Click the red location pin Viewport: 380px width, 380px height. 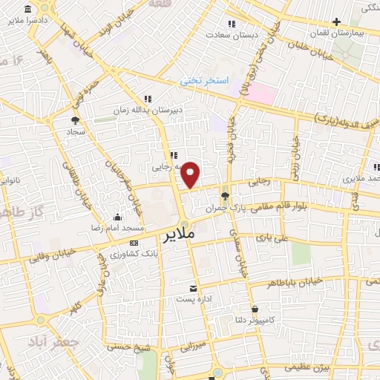(x=191, y=174)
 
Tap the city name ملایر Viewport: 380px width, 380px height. (x=179, y=236)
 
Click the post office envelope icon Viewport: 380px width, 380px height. (x=194, y=289)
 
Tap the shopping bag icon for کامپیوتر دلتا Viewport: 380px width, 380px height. (x=255, y=309)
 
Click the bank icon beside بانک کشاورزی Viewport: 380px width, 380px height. (x=133, y=243)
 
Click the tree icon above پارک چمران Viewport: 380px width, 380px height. (x=225, y=196)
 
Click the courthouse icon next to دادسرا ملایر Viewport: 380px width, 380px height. (x=27, y=10)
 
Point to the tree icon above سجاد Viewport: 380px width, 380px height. (x=75, y=119)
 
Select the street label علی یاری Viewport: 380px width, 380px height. (x=270, y=239)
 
